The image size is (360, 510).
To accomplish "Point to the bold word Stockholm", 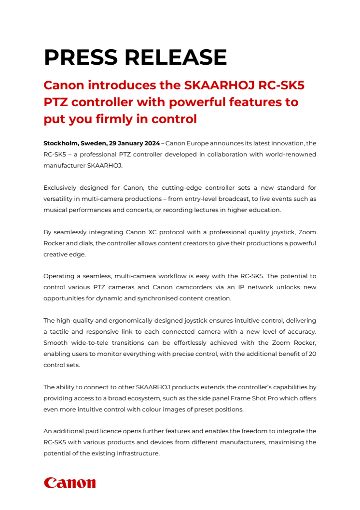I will coord(61,143).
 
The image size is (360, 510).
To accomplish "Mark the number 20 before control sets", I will coord(312,354).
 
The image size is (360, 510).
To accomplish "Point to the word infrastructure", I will coord(136,453).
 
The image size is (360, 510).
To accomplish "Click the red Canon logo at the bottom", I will coord(69,483).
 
